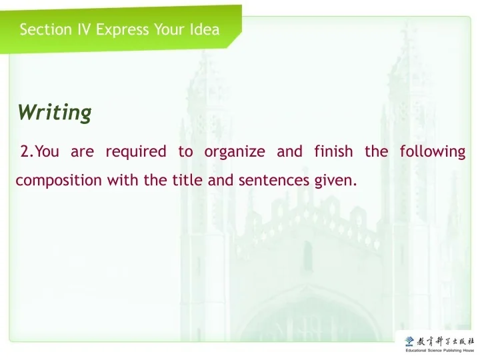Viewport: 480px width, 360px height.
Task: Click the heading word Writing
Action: click(x=55, y=112)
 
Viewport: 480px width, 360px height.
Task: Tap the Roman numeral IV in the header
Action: click(x=82, y=29)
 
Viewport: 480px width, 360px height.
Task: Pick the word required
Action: click(x=136, y=151)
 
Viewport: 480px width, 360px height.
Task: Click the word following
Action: click(x=432, y=151)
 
